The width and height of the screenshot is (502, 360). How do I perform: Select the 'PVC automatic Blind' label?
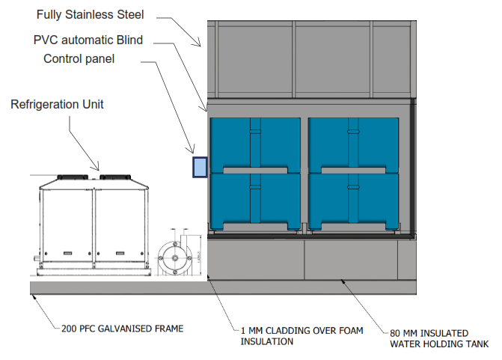[x=88, y=39]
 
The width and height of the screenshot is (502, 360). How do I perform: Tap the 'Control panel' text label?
[x=79, y=58]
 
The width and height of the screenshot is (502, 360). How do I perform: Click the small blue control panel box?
[x=200, y=166]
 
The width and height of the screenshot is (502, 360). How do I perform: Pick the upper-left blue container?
[x=255, y=144]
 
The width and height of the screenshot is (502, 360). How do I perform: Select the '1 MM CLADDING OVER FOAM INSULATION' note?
[x=290, y=335]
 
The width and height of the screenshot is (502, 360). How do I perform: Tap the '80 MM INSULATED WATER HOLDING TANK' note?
[x=439, y=338]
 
